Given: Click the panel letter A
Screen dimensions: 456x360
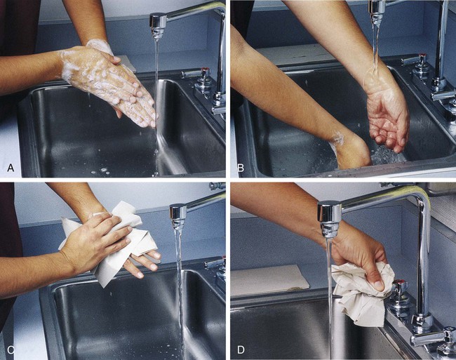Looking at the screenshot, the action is coord(11,168).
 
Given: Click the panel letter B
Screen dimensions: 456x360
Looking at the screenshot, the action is coord(241,168).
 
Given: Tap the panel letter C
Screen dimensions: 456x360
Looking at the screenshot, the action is coord(11,349).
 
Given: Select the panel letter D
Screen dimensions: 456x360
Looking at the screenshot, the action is coord(241,349).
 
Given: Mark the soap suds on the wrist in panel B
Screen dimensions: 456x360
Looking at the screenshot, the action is coord(338,138).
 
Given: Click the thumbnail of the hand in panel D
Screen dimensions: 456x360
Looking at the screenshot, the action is coord(379,286).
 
